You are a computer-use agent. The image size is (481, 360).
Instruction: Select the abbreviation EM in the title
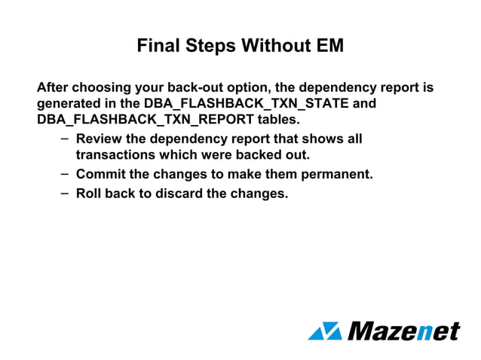(x=329, y=46)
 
